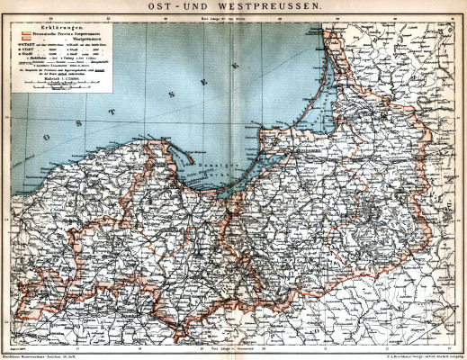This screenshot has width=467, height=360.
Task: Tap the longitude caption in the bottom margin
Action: (232, 346)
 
